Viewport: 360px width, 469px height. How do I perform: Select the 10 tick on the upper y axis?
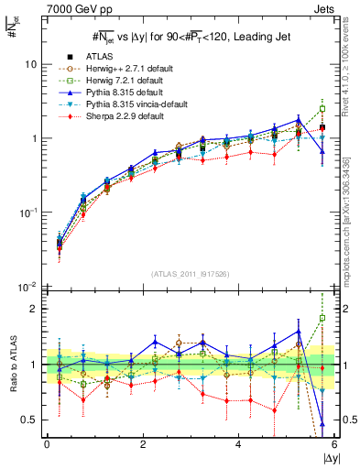click(30, 65)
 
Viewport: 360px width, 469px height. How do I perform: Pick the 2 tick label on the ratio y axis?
click(34, 309)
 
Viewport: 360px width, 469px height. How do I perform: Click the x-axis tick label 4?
click(239, 444)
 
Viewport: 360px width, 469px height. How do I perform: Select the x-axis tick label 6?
click(334, 444)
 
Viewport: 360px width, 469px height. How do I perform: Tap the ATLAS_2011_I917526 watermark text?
click(190, 275)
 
